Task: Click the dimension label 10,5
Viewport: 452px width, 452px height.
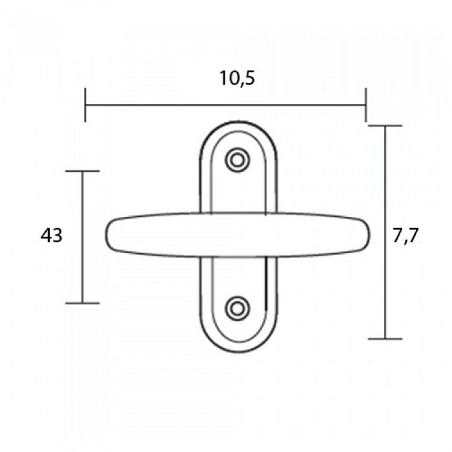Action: click(237, 78)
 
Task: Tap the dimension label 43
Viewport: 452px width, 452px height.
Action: click(51, 235)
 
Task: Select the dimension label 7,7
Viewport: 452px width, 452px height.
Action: click(406, 236)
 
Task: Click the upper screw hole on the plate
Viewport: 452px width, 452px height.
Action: click(238, 160)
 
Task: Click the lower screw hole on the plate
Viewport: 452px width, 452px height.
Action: click(238, 309)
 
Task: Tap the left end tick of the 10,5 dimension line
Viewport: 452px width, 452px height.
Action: click(85, 105)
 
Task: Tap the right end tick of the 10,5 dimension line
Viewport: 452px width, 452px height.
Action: click(366, 105)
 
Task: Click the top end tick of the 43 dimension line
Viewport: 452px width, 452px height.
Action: click(83, 171)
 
